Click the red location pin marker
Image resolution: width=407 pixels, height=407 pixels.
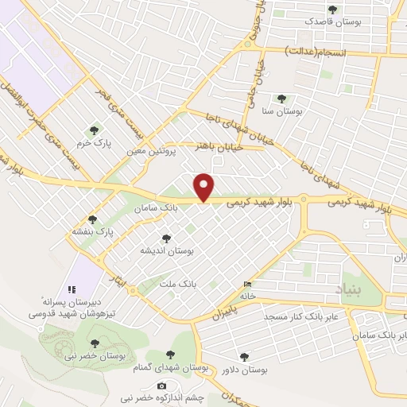(x=204, y=188)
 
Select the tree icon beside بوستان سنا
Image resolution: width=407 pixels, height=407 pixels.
(x=281, y=99)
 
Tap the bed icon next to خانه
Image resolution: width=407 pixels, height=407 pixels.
(x=249, y=285)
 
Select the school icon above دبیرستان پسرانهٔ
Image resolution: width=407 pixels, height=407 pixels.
(x=71, y=289)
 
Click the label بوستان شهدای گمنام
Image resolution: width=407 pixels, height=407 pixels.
(x=169, y=369)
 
